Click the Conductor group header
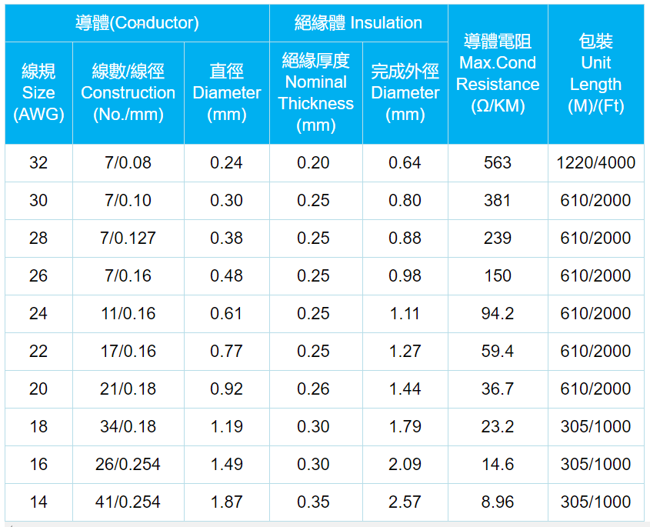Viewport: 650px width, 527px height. (x=137, y=23)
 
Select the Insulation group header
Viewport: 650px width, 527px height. (x=358, y=23)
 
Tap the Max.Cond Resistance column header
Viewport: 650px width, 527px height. (x=498, y=74)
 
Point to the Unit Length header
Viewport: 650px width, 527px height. (x=595, y=74)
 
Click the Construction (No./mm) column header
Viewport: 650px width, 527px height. (x=128, y=92)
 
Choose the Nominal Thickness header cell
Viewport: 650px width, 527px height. (x=315, y=92)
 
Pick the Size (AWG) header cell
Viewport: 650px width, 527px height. (x=38, y=92)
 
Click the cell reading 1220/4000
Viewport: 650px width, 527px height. (x=595, y=162)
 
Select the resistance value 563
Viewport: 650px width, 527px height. (x=498, y=162)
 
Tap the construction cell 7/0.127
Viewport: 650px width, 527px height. (x=128, y=238)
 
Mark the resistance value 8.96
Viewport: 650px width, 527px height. (x=498, y=502)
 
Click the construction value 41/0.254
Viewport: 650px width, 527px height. (x=128, y=502)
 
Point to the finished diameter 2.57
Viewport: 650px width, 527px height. (x=405, y=502)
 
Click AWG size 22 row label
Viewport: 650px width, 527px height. (x=38, y=351)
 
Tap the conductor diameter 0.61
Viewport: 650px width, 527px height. (x=226, y=313)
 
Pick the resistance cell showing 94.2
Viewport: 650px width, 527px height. (x=498, y=313)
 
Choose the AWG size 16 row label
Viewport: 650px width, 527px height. (x=38, y=464)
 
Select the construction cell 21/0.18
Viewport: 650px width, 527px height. (x=128, y=389)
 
